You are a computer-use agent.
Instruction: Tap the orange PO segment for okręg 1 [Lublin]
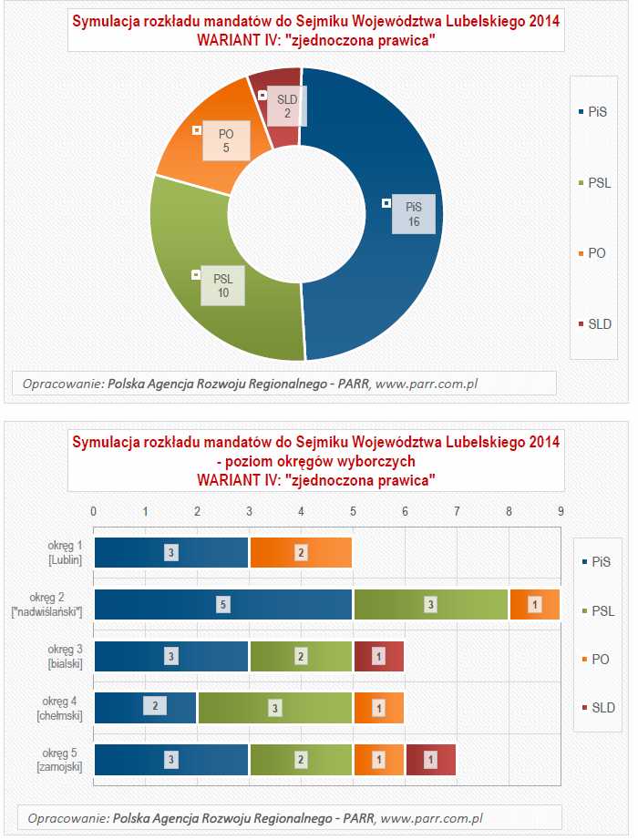pyautogui.click(x=300, y=552)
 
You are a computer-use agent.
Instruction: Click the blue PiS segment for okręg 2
pyautogui.click(x=223, y=604)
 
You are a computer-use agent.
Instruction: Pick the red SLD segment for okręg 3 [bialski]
pyautogui.click(x=378, y=656)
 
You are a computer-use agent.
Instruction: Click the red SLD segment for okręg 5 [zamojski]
pyautogui.click(x=430, y=759)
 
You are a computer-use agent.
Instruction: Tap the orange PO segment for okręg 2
pyautogui.click(x=534, y=604)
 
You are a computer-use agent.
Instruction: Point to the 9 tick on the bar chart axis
pyautogui.click(x=561, y=510)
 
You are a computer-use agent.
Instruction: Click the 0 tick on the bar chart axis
pyautogui.click(x=94, y=510)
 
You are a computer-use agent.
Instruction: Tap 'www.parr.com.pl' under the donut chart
pyautogui.click(x=427, y=384)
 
